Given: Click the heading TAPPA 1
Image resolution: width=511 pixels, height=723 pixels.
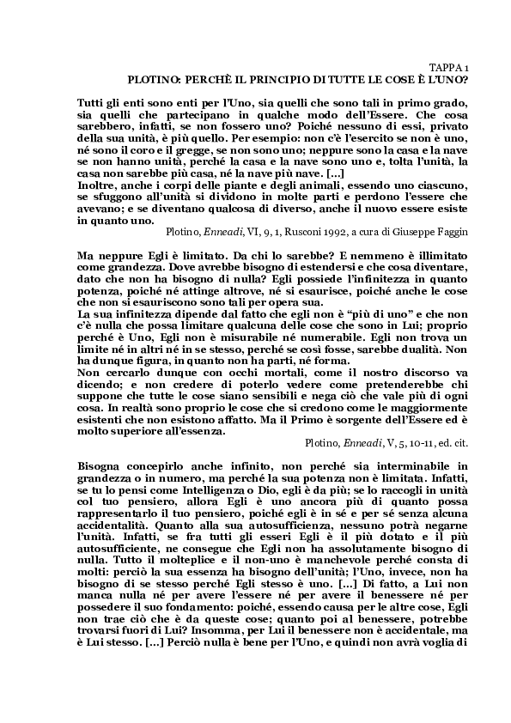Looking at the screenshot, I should (448, 66).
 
